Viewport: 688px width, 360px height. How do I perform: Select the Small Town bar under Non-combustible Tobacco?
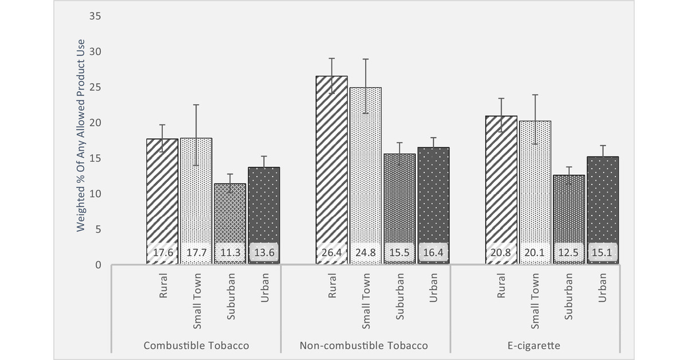click(x=366, y=172)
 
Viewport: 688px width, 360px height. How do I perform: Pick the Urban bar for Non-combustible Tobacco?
click(x=433, y=201)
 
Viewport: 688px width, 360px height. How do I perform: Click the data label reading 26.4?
click(x=332, y=252)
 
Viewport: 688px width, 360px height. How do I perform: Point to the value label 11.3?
click(x=230, y=252)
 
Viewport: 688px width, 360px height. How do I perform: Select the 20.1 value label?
click(x=535, y=252)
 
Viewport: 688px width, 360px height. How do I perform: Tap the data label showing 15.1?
click(x=603, y=252)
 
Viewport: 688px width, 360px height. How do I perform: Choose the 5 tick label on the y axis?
click(x=98, y=229)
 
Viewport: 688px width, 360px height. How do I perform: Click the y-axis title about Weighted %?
click(x=81, y=135)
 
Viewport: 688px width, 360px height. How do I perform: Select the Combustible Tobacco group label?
click(x=196, y=346)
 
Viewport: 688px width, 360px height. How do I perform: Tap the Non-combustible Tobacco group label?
click(x=363, y=346)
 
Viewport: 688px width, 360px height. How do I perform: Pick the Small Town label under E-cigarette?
click(x=535, y=301)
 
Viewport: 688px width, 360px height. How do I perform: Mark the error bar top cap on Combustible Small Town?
click(x=196, y=105)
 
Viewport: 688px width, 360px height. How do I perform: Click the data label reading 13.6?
click(x=264, y=252)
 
